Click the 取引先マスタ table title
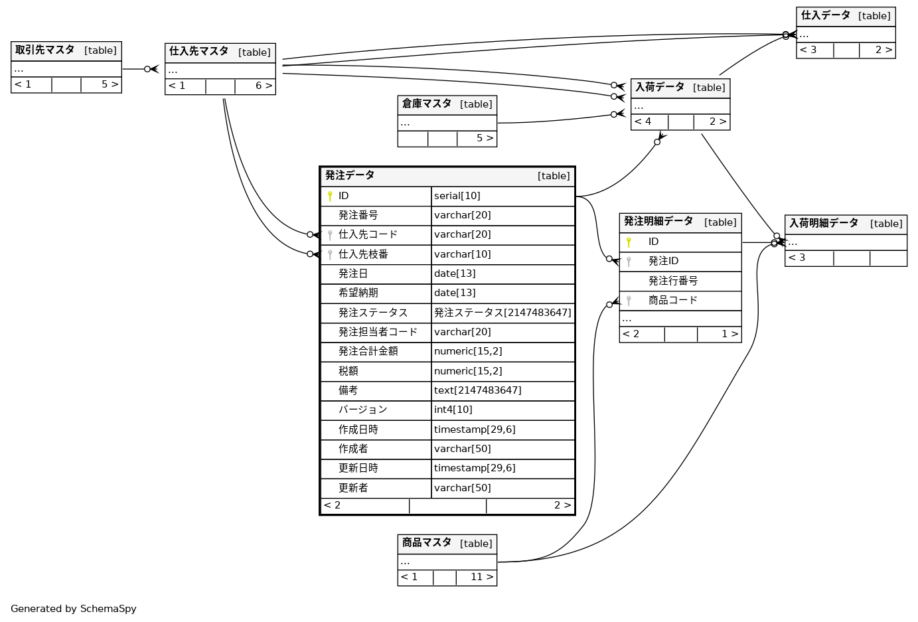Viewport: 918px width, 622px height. (x=45, y=50)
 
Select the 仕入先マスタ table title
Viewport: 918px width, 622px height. (x=199, y=52)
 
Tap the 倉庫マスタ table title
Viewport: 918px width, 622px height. (x=427, y=104)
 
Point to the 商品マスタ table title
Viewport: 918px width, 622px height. (x=427, y=543)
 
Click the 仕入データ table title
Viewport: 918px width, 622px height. (x=826, y=16)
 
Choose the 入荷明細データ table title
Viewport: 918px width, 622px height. (x=824, y=224)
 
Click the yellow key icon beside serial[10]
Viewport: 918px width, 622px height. (x=330, y=196)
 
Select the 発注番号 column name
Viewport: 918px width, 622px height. (x=358, y=215)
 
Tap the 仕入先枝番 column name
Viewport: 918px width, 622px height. (x=363, y=254)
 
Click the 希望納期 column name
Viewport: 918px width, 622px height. (x=358, y=293)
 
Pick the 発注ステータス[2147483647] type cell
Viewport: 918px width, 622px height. (x=502, y=313)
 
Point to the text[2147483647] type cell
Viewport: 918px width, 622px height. (x=478, y=390)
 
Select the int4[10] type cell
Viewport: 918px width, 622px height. (x=453, y=410)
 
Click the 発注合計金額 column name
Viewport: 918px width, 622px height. (x=368, y=351)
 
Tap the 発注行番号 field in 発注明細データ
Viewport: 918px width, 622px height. (x=673, y=281)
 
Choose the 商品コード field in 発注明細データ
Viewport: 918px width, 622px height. (x=673, y=300)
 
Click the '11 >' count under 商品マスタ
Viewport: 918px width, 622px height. (x=482, y=578)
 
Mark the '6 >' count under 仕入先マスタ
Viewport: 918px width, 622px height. (x=264, y=86)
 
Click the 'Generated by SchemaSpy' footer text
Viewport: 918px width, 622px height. (x=74, y=609)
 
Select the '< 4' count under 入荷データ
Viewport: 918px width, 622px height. (x=643, y=122)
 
